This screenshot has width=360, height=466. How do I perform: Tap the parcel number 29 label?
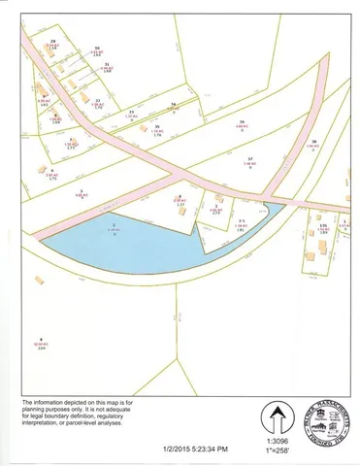(53, 41)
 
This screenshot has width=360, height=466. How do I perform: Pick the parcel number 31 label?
(107, 64)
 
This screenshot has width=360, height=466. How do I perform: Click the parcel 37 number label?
(249, 158)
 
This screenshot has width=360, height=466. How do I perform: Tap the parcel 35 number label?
(157, 126)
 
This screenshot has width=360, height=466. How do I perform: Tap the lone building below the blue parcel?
(40, 280)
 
